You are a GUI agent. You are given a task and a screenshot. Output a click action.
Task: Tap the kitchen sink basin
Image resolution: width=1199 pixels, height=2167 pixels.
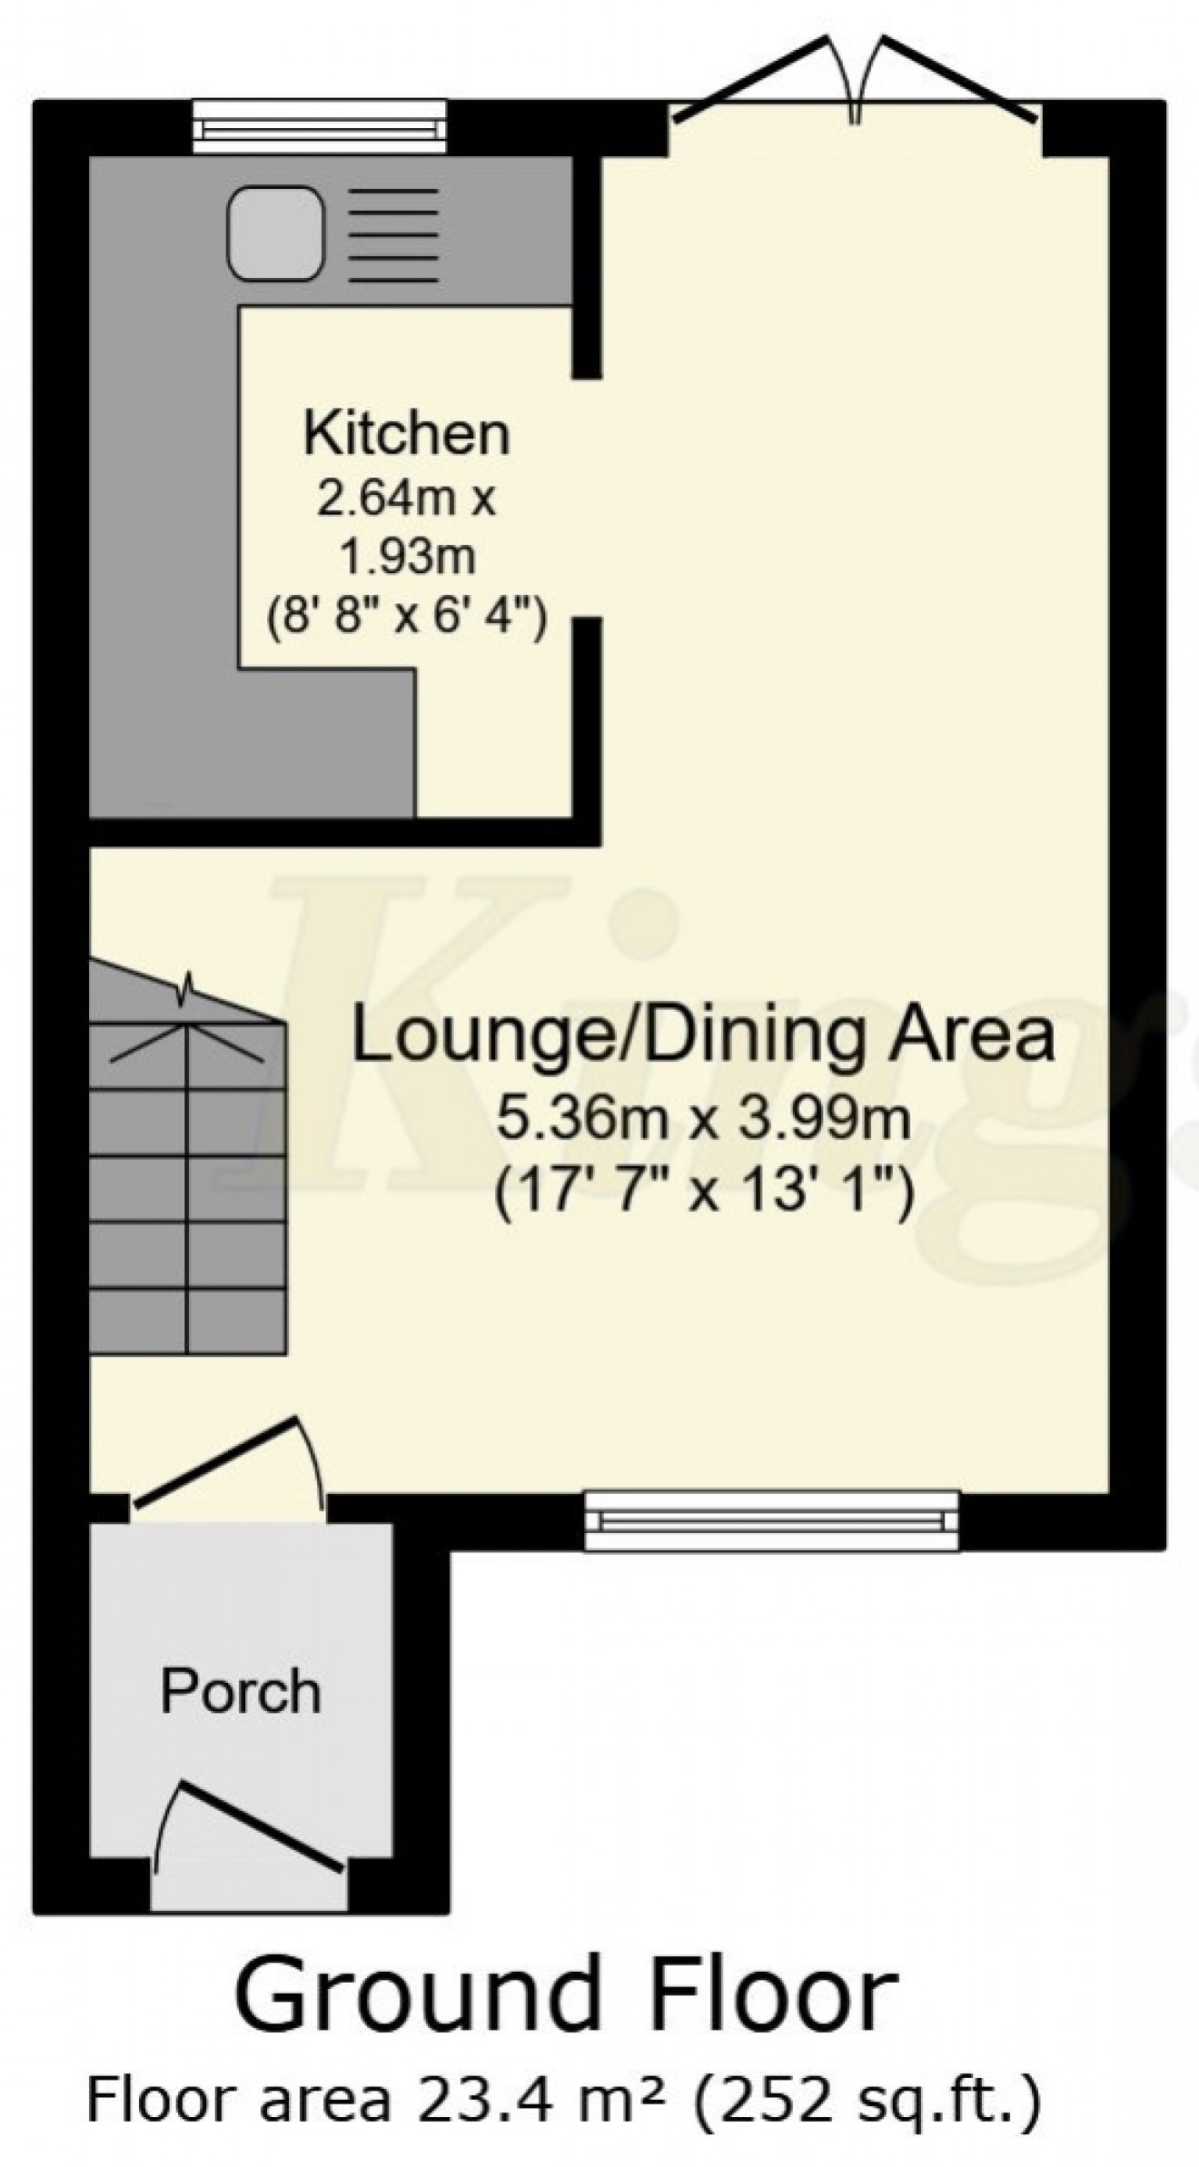tap(275, 233)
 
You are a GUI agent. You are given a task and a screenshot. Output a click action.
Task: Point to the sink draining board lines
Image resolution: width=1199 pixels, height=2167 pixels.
tap(393, 235)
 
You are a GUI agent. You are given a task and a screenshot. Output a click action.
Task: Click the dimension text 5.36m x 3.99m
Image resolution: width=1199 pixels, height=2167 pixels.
tap(703, 1117)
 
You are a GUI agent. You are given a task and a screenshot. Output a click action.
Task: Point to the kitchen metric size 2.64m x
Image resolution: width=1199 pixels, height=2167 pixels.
tap(406, 499)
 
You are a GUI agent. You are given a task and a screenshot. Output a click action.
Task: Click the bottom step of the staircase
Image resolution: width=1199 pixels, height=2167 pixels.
tap(188, 1321)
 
